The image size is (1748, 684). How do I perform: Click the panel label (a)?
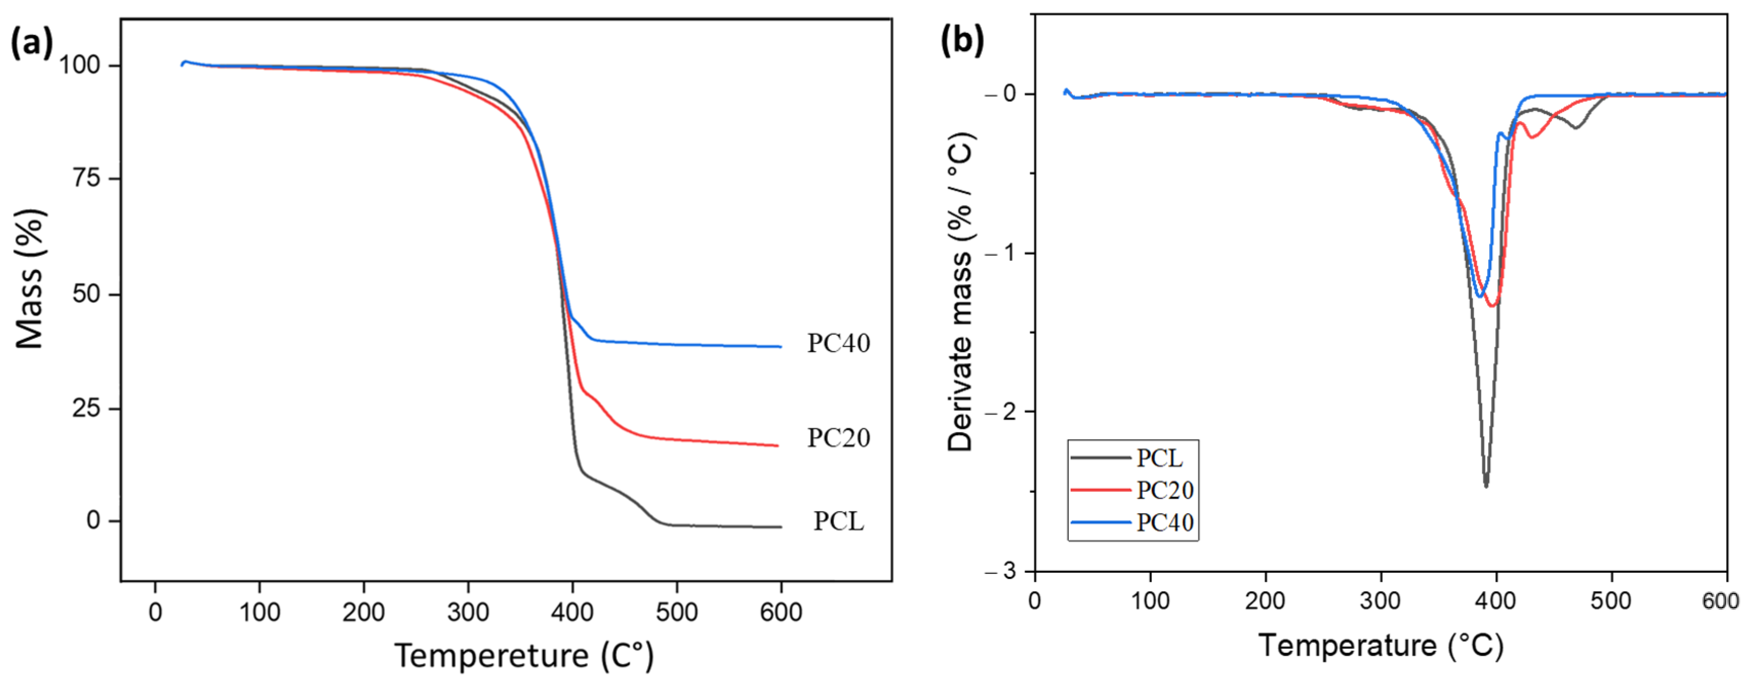coord(31,44)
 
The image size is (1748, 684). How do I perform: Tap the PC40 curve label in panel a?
coord(838,343)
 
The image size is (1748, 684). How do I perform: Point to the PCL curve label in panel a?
coord(839,522)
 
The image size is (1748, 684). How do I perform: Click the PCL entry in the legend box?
coord(1159,459)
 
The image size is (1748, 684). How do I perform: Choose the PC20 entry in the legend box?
coord(1165,490)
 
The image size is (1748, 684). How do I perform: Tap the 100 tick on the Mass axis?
coord(79,66)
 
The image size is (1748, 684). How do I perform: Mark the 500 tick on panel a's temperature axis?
coord(677,613)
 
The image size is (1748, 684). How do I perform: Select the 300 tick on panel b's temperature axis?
coord(1380,601)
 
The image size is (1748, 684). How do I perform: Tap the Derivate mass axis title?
coord(961,292)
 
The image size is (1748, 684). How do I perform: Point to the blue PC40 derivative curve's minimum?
coord(1479,296)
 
